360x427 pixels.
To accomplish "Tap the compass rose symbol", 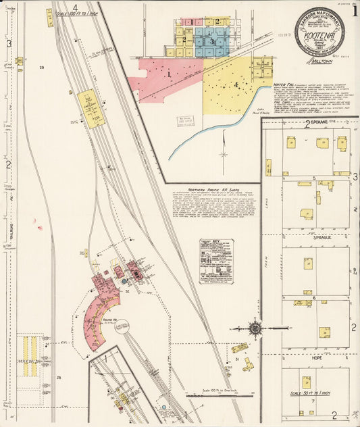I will tap(255, 329).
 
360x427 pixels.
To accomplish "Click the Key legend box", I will tap(216, 261).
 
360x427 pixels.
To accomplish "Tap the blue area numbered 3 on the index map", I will tap(212, 41).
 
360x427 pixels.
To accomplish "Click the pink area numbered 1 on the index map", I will tap(168, 76).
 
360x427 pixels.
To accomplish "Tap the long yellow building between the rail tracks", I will tap(90, 108).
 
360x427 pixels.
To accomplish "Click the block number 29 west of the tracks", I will tap(41, 68).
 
